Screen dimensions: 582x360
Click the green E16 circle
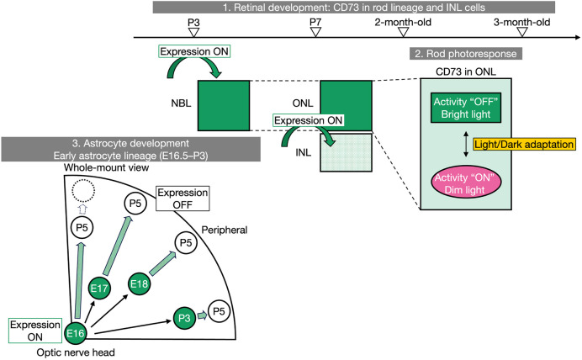tap(76, 333)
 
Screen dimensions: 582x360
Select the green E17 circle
tap(99, 288)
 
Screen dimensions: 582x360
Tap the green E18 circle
tap(139, 284)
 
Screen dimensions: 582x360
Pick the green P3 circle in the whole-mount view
tap(184, 318)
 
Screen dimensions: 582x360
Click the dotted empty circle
tap(83, 190)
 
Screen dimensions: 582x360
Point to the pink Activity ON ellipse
tap(465, 184)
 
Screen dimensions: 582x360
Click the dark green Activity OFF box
tap(466, 108)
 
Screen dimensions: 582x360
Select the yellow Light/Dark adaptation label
tap(524, 144)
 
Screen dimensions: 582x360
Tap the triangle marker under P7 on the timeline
tap(315, 32)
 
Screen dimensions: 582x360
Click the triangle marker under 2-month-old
tap(403, 32)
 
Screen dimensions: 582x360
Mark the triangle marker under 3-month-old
tap(522, 32)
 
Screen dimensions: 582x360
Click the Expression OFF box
tap(183, 199)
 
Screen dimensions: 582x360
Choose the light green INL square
tap(347, 152)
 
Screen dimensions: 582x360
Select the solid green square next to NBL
tap(224, 105)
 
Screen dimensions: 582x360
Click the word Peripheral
tap(225, 230)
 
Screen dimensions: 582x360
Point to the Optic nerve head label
tap(76, 352)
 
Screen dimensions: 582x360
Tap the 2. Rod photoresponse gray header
tap(466, 54)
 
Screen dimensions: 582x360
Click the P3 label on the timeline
tap(193, 22)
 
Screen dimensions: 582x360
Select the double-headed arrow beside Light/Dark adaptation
tap(466, 144)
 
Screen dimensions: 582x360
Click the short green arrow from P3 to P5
tap(203, 315)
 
